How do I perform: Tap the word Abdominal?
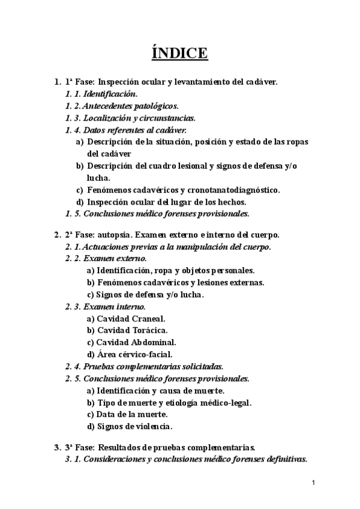[152, 342]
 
